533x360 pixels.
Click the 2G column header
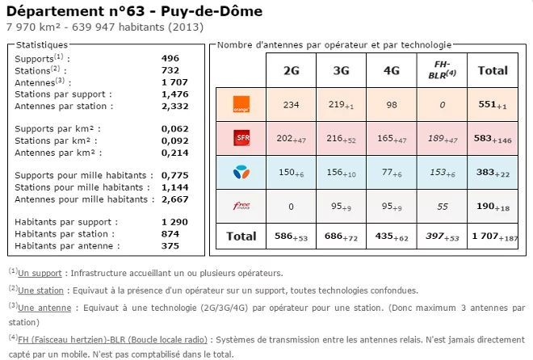click(292, 70)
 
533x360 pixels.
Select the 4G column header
click(392, 70)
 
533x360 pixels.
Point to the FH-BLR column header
click(442, 70)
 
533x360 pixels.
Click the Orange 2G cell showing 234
click(292, 104)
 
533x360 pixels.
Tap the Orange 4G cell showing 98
click(392, 104)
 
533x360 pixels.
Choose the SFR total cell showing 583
click(493, 139)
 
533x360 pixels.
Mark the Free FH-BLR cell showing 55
click(442, 207)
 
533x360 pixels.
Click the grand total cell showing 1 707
click(493, 237)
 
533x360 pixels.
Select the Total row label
click(241, 237)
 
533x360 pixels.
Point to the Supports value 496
click(170, 59)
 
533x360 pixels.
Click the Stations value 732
click(170, 70)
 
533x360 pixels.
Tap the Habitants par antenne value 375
click(170, 245)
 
